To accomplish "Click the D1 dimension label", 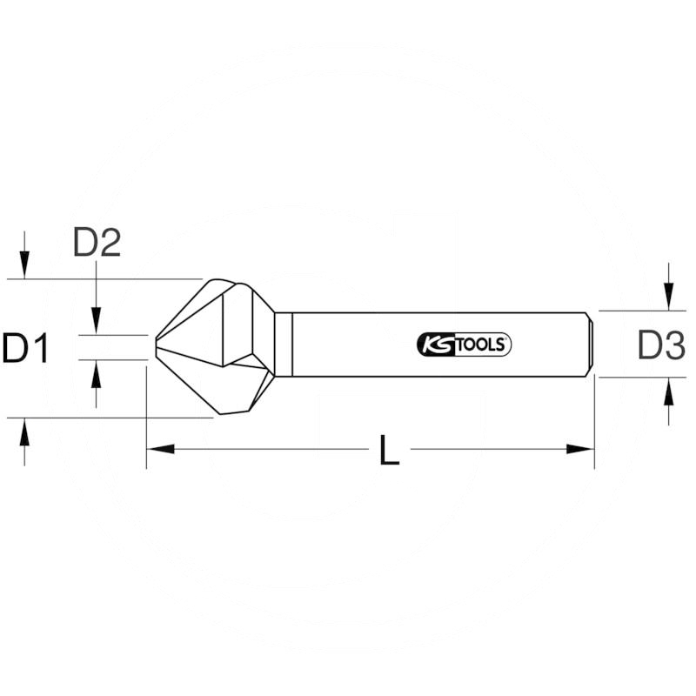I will coord(24,349).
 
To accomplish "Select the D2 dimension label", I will coord(96,244).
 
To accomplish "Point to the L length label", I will coord(390,451).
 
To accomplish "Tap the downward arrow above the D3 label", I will coord(667,299).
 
